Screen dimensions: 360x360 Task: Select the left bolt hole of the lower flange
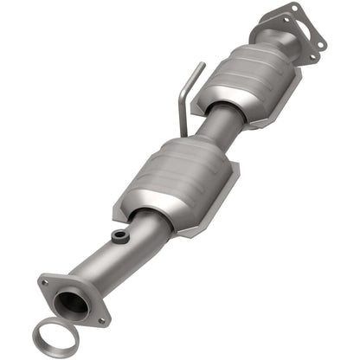pos(43,281)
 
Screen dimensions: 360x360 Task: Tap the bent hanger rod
pos(185,100)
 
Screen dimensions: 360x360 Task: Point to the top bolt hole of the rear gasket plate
pos(297,9)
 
